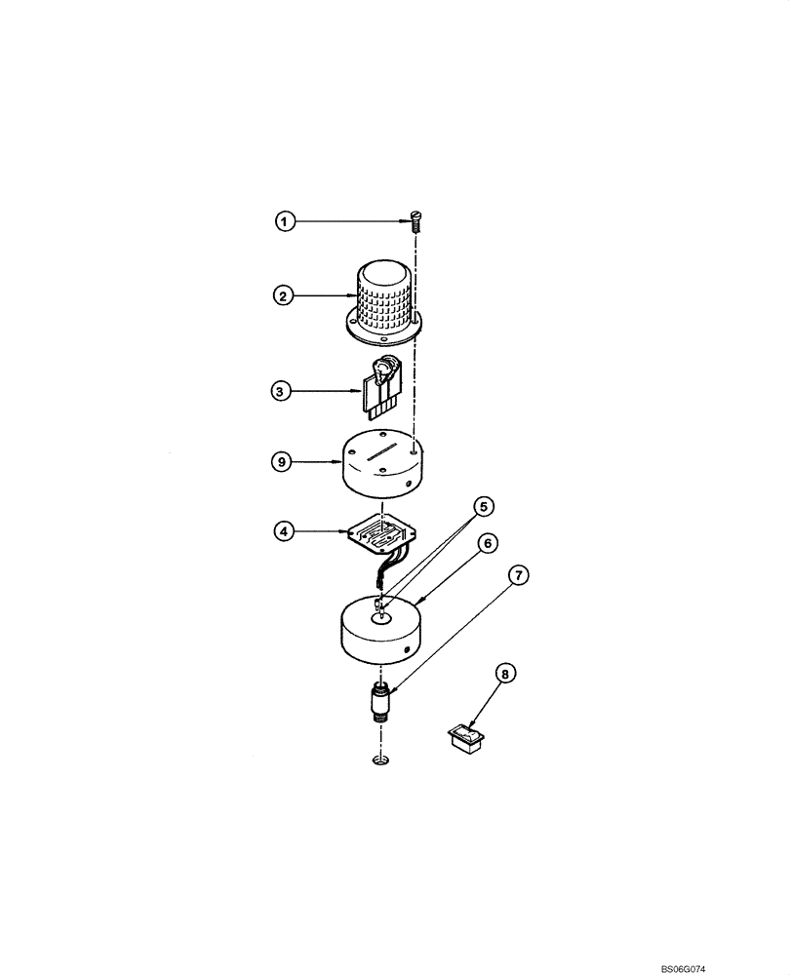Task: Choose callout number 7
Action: tap(517, 576)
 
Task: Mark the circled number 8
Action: tap(506, 673)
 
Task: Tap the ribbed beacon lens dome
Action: tap(383, 297)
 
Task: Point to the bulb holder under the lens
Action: tap(383, 386)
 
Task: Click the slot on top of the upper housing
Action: tap(376, 454)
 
